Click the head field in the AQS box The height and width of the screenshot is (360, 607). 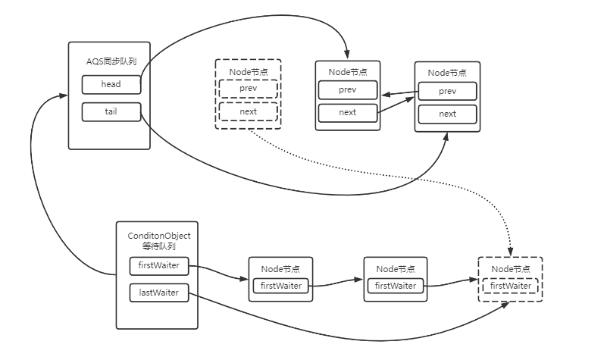(111, 84)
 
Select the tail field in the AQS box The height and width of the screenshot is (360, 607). (111, 111)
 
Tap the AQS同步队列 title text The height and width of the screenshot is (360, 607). (111, 61)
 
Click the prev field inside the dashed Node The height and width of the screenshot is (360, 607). (248, 89)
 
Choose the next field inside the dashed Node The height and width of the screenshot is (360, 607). (248, 111)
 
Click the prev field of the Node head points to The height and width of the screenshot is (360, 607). (348, 89)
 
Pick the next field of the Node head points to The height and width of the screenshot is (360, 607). (348, 112)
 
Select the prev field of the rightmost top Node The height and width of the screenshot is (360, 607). (448, 91)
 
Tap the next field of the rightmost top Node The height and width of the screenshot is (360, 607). (448, 114)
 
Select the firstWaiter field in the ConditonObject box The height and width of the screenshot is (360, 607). (158, 266)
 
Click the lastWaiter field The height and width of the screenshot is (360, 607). (158, 293)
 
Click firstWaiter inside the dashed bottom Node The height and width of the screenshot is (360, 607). (510, 286)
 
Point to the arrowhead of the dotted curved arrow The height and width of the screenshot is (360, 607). (510, 249)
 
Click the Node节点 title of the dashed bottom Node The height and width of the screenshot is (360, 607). (510, 269)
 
